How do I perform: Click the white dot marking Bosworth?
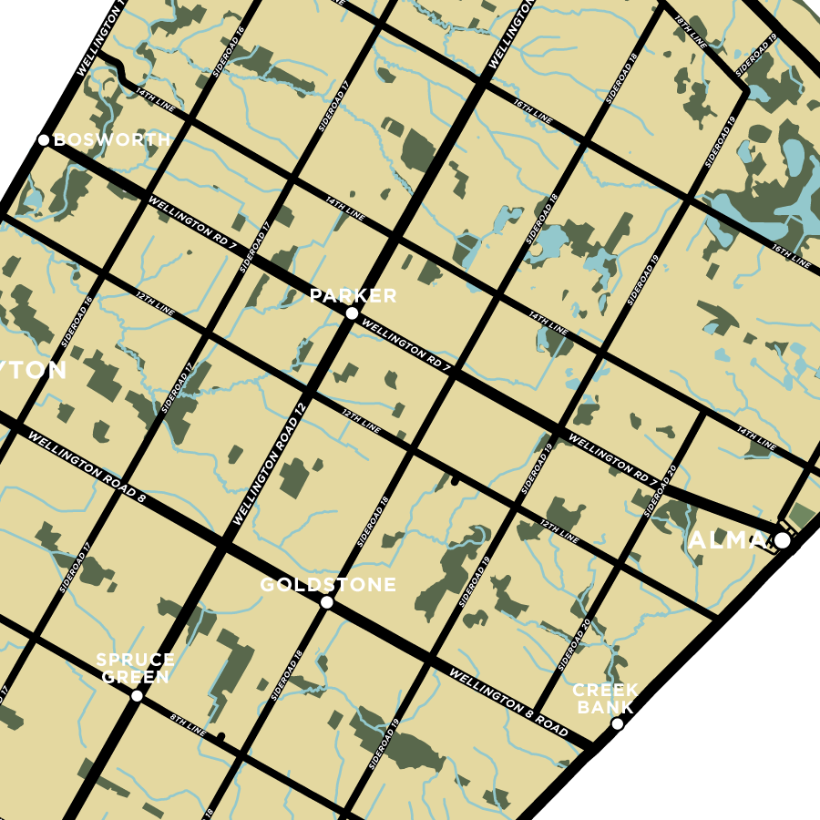(x=43, y=139)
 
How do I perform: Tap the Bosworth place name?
(x=112, y=139)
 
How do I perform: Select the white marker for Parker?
(x=352, y=313)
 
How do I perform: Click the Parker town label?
(x=353, y=296)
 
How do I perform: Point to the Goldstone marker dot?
(x=326, y=602)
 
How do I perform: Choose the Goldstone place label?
(x=328, y=585)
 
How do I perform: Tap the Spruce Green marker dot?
(x=137, y=696)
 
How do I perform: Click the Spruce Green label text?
(x=135, y=669)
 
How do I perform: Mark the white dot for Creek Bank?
(x=617, y=724)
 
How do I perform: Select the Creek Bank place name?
(x=606, y=699)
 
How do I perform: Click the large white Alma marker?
(x=782, y=540)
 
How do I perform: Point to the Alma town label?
(x=727, y=540)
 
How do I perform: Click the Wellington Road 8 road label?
(x=87, y=467)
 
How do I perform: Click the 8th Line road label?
(x=189, y=723)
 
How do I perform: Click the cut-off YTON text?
(x=34, y=371)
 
